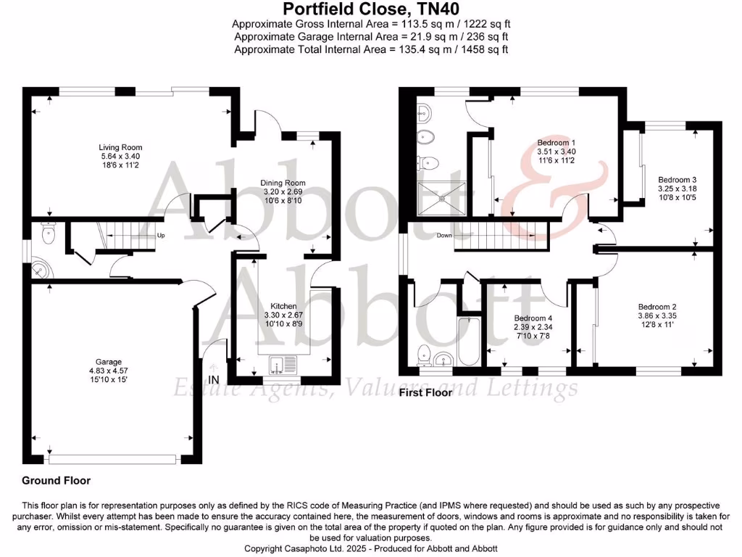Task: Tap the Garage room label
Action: tap(109, 362)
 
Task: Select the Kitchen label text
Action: tap(283, 306)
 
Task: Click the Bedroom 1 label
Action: tap(556, 142)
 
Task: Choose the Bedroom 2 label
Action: tap(657, 306)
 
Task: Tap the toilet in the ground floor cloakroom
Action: tap(49, 232)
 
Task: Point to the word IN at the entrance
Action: tap(214, 380)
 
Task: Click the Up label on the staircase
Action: tap(161, 236)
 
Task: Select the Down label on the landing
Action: tap(444, 236)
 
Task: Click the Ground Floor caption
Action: tap(56, 480)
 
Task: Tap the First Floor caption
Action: tap(425, 392)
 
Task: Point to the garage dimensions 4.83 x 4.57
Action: tap(109, 371)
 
